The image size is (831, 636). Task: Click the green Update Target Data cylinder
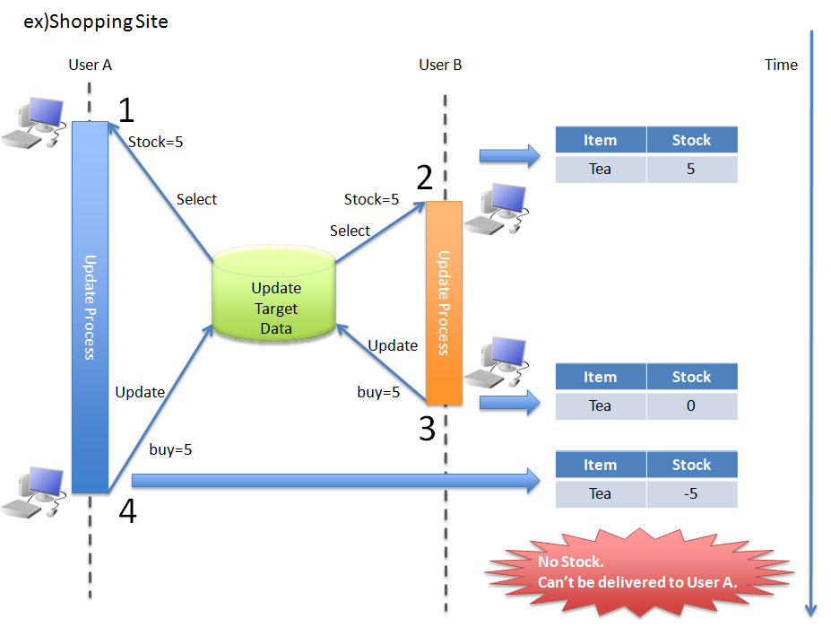click(x=275, y=297)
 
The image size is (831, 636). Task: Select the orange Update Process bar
click(x=444, y=303)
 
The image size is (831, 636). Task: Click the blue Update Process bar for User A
click(x=90, y=307)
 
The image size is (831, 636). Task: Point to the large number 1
click(x=126, y=110)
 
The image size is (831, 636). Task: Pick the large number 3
click(x=427, y=429)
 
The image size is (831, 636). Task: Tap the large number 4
click(x=128, y=512)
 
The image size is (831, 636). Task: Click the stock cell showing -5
click(x=691, y=493)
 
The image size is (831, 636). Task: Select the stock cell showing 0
click(x=691, y=405)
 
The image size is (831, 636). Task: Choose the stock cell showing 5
click(x=691, y=169)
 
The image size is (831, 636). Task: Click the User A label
click(x=90, y=65)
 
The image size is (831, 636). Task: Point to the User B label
click(x=440, y=65)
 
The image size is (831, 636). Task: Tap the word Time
click(x=781, y=65)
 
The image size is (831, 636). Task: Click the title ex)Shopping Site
click(x=96, y=22)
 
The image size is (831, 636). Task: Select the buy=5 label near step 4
click(x=170, y=449)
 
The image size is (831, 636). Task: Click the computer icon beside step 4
click(x=34, y=491)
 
